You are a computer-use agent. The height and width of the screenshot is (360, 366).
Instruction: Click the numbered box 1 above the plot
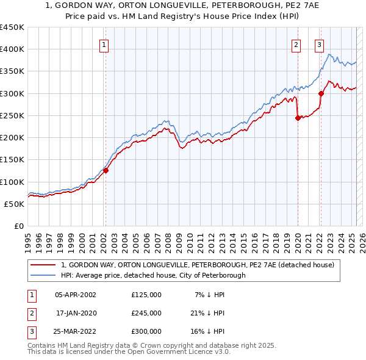104,45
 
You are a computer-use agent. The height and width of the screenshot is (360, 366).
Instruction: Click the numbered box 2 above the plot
296,45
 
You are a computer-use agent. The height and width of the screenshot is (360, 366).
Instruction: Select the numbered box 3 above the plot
319,45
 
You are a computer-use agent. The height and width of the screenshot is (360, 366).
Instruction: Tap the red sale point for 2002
106,171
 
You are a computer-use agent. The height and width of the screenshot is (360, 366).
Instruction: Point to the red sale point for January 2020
298,118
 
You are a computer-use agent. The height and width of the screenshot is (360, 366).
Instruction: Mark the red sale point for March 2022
321,94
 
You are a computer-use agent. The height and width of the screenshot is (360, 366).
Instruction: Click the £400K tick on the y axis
12,49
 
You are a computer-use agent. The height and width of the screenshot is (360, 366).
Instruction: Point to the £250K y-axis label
12,115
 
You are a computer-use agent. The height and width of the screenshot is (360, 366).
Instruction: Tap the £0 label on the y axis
19,226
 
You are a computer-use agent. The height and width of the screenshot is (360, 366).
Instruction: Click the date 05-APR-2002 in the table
76,295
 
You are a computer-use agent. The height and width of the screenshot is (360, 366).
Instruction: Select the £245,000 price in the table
146,313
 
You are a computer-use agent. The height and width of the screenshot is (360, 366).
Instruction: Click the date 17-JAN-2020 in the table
76,313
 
